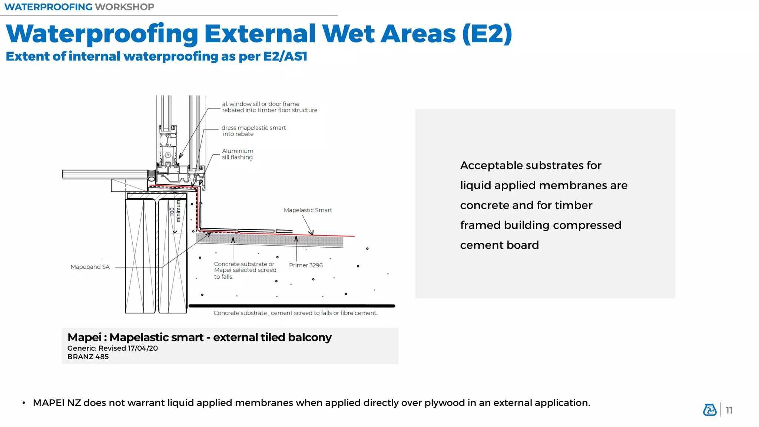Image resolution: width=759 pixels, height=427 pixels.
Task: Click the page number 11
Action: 729,410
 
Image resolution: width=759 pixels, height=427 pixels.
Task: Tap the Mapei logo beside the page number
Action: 710,410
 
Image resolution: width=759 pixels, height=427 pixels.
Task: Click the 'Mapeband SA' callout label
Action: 90,267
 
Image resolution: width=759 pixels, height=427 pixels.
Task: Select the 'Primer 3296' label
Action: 306,265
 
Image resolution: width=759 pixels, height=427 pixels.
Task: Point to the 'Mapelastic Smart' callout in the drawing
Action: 308,210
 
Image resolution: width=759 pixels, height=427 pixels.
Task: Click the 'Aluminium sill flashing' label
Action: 238,154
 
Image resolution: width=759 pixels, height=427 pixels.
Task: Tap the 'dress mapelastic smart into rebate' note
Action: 254,131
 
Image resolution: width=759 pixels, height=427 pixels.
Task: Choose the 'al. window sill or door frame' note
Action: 269,107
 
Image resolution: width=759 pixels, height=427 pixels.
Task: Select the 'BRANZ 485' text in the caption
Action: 88,357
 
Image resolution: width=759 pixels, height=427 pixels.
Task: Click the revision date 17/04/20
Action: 143,348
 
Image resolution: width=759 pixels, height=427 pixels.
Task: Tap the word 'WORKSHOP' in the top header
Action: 125,7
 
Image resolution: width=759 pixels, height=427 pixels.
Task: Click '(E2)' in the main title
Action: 487,34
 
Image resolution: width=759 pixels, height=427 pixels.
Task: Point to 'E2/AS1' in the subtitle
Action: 285,56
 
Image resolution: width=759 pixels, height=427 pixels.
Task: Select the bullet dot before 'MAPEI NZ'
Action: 24,403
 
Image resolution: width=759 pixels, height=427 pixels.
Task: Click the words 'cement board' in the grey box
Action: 499,245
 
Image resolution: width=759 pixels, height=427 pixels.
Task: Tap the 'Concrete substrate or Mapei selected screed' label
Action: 245,270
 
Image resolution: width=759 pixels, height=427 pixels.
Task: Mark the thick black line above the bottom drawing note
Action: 292,306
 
